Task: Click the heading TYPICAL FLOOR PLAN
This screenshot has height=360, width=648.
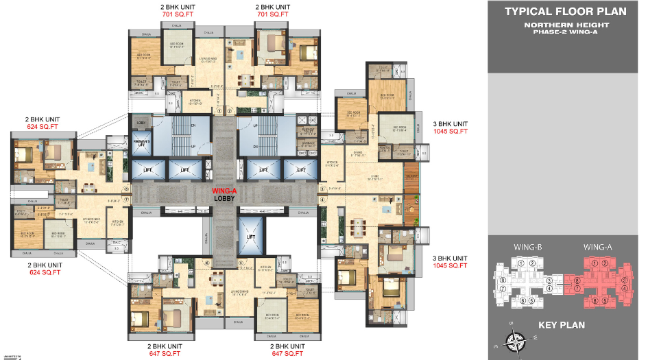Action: click(566, 11)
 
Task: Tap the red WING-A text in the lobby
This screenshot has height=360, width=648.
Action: click(226, 191)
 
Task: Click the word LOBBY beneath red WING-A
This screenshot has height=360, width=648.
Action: click(226, 200)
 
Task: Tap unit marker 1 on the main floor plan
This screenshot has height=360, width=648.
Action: click(219, 110)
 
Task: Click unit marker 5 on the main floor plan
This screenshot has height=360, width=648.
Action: click(240, 262)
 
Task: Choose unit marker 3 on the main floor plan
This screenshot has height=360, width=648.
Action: click(322, 189)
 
